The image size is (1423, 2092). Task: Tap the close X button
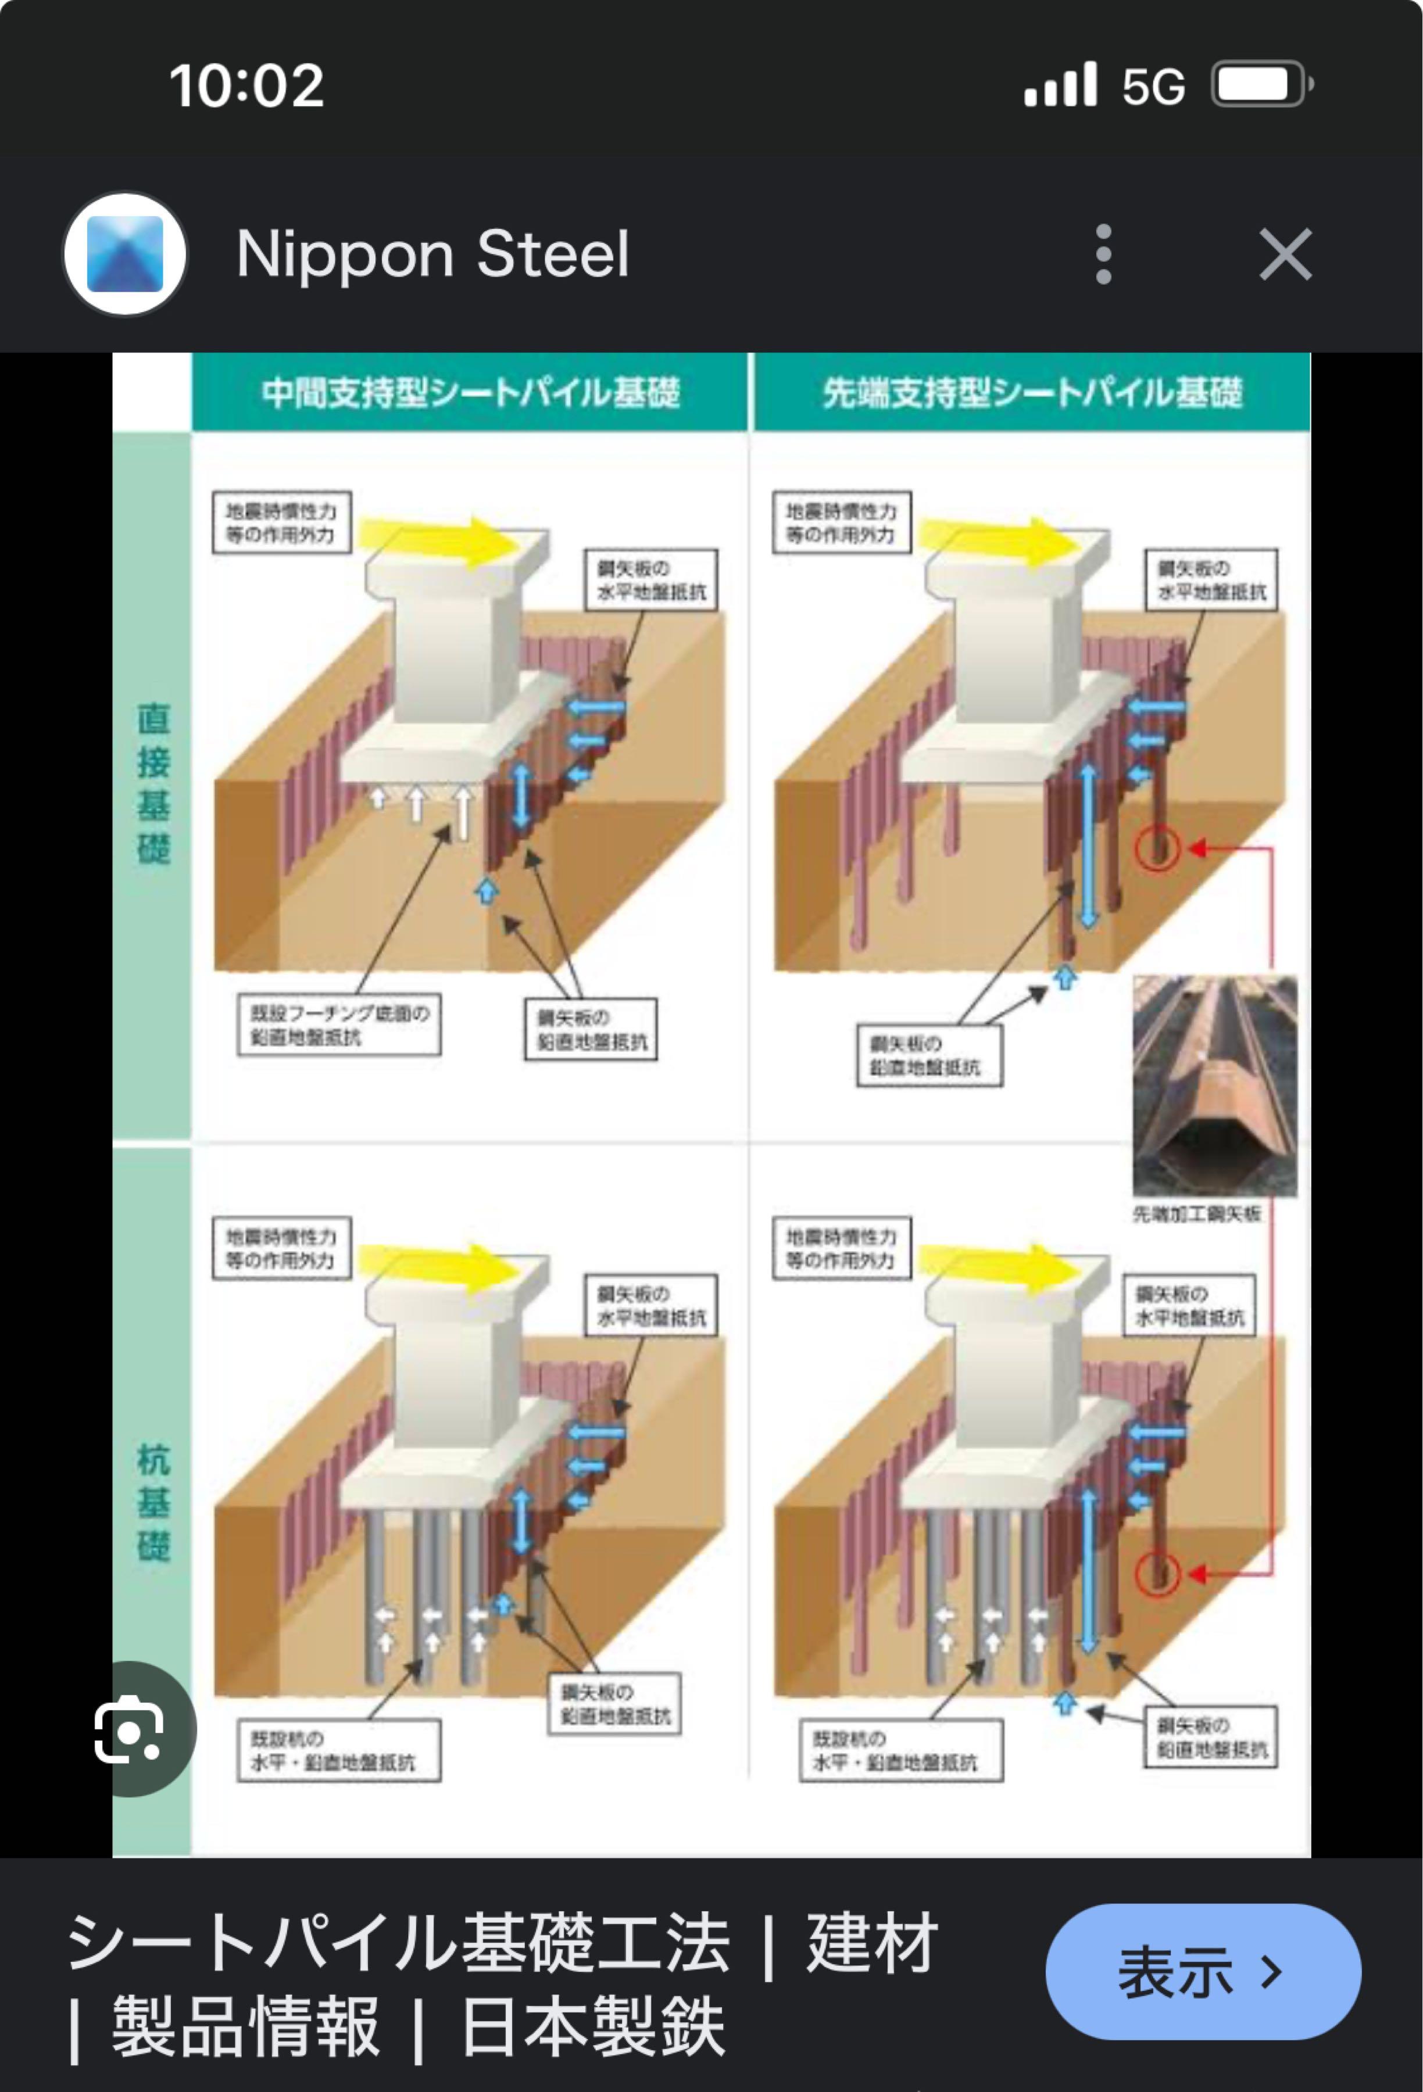coord(1284,255)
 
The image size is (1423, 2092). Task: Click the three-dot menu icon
coord(1103,255)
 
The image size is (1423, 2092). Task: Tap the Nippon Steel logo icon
coord(125,255)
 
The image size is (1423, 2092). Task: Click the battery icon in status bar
coord(1261,85)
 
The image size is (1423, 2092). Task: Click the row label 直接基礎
coord(153,783)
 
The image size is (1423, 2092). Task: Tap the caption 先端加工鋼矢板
coord(1196,1215)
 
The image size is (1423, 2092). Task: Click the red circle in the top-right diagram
coord(1157,848)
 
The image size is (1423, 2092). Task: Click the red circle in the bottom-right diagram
coord(1157,1574)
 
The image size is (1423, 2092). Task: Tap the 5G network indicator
coord(1153,87)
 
